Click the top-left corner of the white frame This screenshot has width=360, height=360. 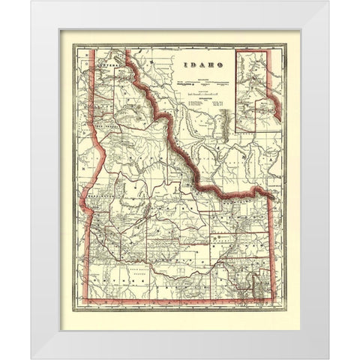click(32, 1)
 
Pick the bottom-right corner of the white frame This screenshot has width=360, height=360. click(328, 358)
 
